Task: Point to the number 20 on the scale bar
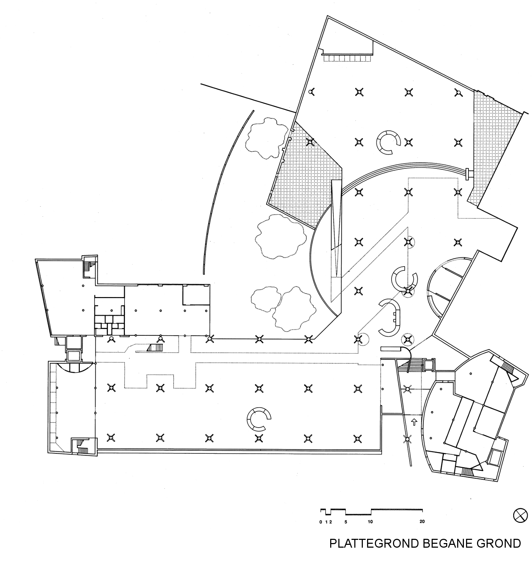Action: [x=422, y=521]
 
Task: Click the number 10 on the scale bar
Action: [x=370, y=521]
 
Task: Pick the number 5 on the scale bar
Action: [x=346, y=521]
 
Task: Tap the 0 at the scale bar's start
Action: [x=321, y=521]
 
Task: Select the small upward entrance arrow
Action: [x=413, y=422]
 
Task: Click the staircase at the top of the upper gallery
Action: [x=347, y=57]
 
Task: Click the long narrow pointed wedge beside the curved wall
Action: [x=336, y=230]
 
